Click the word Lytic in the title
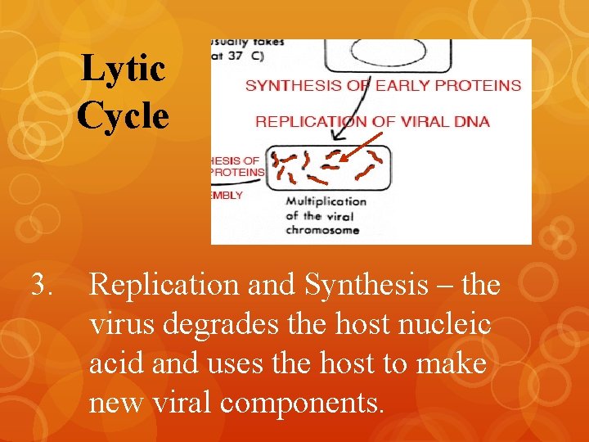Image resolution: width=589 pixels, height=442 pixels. tap(124, 70)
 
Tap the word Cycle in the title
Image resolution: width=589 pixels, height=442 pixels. tap(124, 115)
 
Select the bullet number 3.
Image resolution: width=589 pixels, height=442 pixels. tap(42, 286)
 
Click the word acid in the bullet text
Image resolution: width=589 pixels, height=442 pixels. tap(115, 363)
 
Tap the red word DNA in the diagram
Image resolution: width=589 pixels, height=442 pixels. tap(471, 122)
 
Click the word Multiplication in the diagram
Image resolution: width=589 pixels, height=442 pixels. tap(326, 201)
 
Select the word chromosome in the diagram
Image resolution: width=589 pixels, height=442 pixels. tap(322, 230)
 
